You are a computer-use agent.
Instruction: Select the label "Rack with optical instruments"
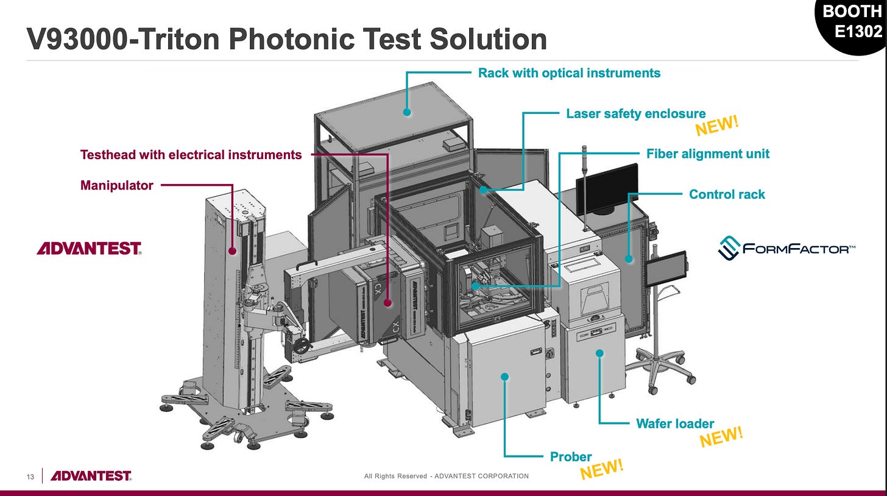click(x=569, y=73)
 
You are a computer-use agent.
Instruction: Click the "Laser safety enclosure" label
click(x=635, y=114)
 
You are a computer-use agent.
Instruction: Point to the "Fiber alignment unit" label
click(x=707, y=154)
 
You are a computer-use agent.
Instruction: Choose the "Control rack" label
click(x=727, y=194)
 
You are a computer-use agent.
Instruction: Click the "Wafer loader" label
click(x=675, y=423)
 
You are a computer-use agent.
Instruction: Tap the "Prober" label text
click(x=571, y=456)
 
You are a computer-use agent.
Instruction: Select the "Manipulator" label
click(x=116, y=185)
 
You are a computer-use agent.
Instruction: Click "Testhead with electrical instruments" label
click(x=191, y=155)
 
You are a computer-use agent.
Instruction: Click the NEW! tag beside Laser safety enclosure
click(x=717, y=125)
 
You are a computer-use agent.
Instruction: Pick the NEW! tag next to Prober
click(x=602, y=469)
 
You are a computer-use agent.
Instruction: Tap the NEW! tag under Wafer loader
click(x=721, y=437)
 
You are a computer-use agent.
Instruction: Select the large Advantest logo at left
click(x=89, y=249)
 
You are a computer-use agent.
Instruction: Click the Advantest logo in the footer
click(x=91, y=476)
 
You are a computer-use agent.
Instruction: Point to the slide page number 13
click(x=29, y=476)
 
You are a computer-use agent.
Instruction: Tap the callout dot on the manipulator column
click(x=231, y=250)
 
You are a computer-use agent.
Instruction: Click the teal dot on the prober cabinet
click(x=504, y=377)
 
